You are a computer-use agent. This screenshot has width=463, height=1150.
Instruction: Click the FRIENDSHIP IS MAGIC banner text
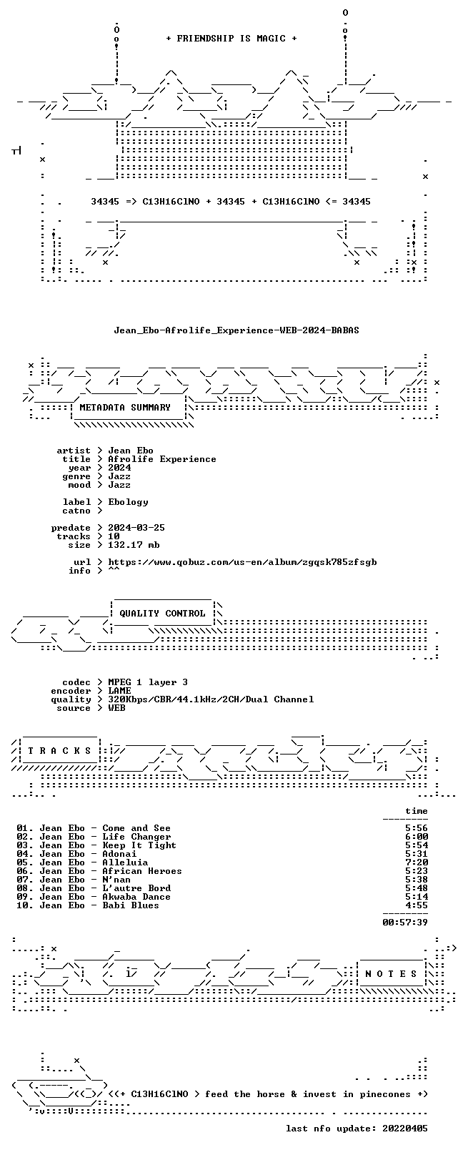pyautogui.click(x=231, y=39)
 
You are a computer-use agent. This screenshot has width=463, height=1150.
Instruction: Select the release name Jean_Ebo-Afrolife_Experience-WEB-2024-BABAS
pyautogui.click(x=237, y=330)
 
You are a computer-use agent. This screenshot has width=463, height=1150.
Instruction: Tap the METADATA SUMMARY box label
pyautogui.click(x=125, y=408)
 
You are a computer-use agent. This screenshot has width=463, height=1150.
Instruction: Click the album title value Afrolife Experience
pyautogui.click(x=162, y=459)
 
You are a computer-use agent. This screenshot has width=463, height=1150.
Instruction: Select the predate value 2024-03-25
pyautogui.click(x=136, y=528)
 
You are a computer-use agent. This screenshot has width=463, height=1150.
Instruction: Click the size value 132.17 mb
pyautogui.click(x=134, y=545)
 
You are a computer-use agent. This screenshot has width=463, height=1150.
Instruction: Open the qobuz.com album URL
pyautogui.click(x=242, y=563)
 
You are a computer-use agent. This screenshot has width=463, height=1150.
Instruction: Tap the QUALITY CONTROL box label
pyautogui.click(x=162, y=614)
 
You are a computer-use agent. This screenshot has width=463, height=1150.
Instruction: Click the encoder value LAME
pyautogui.click(x=119, y=691)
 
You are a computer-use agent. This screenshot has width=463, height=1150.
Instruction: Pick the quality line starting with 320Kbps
pyautogui.click(x=211, y=699)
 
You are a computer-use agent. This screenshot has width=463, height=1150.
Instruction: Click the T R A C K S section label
pyautogui.click(x=59, y=751)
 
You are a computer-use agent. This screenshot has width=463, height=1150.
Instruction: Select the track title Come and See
pyautogui.click(x=136, y=829)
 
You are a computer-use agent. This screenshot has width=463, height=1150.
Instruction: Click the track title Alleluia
pyautogui.click(x=125, y=863)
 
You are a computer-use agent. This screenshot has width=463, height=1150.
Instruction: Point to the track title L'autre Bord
pyautogui.click(x=136, y=889)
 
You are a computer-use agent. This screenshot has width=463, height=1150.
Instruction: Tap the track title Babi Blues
pyautogui.click(x=131, y=906)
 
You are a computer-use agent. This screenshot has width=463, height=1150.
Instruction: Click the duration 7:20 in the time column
pyautogui.click(x=417, y=863)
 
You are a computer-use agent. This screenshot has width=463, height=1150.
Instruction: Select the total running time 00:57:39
pyautogui.click(x=405, y=923)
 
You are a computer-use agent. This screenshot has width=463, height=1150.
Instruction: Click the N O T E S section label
pyautogui.click(x=392, y=974)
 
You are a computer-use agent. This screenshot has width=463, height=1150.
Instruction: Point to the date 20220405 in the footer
pyautogui.click(x=405, y=1129)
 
